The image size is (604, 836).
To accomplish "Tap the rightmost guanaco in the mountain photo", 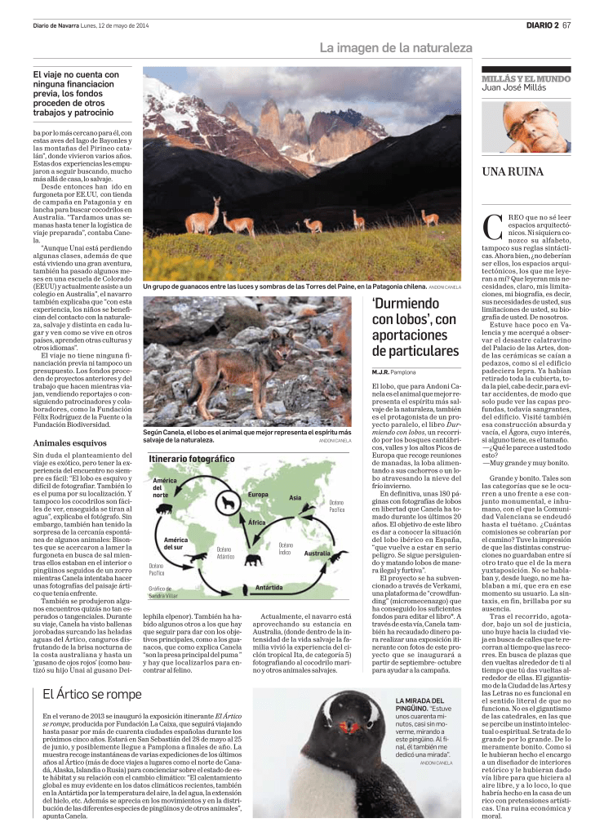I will tap(429, 216).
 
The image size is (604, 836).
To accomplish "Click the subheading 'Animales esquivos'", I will tap(64, 442).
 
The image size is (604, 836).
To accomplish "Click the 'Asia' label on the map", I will tap(295, 497).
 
